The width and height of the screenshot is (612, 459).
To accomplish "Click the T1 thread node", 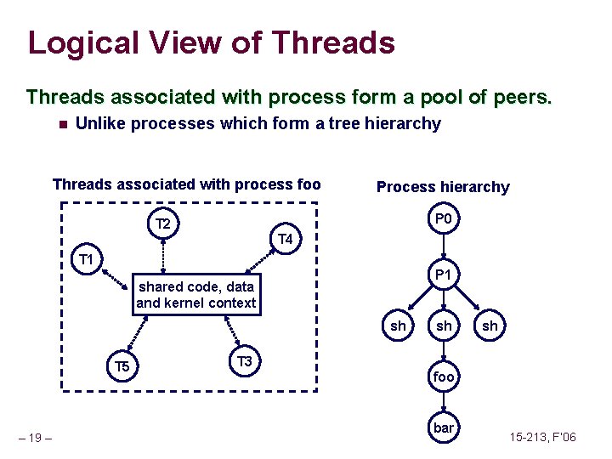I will [86, 258].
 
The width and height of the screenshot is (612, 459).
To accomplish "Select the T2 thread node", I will [164, 224].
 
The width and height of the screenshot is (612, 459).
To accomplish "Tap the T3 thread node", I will [245, 362].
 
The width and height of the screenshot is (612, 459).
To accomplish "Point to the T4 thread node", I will [286, 241].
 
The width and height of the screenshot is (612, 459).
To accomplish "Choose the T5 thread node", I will [122, 366].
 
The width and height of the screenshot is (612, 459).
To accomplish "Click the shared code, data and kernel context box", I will [195, 295].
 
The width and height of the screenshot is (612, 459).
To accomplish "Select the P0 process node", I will [443, 220].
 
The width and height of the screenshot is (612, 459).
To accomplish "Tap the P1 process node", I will [444, 275].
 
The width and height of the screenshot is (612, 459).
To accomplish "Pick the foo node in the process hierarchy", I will [444, 376].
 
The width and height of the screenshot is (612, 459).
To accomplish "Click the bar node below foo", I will [444, 428].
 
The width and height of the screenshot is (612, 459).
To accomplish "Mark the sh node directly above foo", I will [444, 326].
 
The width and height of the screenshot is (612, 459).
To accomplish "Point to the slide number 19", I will [34, 439].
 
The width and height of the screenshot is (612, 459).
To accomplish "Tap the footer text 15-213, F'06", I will [542, 438].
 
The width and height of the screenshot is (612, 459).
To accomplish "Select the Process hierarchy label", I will [443, 187].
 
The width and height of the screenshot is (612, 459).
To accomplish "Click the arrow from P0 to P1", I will [443, 247].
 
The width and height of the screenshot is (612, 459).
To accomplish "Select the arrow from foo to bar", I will [444, 402].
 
